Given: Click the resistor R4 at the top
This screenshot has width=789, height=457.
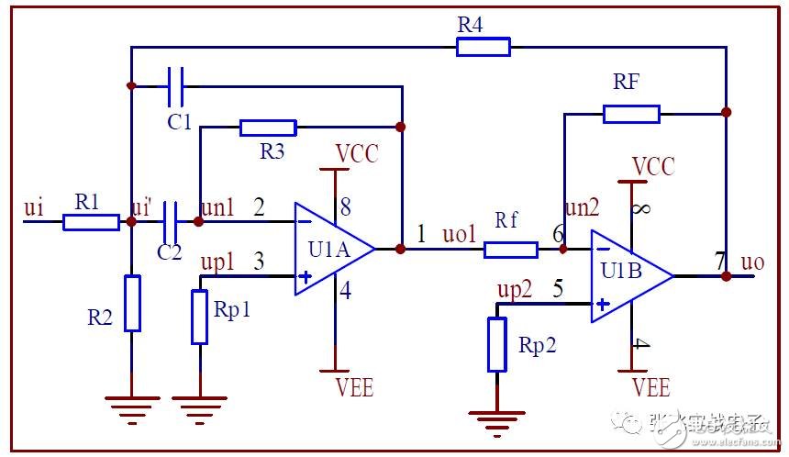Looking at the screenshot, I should click(483, 47).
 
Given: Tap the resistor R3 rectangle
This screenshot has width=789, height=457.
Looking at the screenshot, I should click(268, 128).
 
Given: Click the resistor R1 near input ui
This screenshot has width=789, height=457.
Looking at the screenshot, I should click(91, 222).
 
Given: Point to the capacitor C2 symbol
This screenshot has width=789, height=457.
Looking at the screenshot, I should click(170, 221).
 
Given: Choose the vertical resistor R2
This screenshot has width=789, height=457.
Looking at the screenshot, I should click(132, 303).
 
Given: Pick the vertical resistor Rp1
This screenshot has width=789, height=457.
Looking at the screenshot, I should click(199, 317).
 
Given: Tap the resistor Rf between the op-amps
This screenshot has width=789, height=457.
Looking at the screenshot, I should click(510, 249).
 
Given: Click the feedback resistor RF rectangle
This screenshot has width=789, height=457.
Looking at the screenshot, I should click(631, 114).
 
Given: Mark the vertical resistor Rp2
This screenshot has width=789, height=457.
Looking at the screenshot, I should click(496, 344).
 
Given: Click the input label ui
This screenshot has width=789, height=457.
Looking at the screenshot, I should click(33, 209).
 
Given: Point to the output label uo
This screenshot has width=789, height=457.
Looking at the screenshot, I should click(754, 262).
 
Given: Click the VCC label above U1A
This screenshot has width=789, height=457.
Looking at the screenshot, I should click(356, 153).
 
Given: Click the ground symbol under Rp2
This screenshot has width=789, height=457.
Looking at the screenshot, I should click(496, 419).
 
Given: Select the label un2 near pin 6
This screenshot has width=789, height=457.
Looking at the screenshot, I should click(583, 209).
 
